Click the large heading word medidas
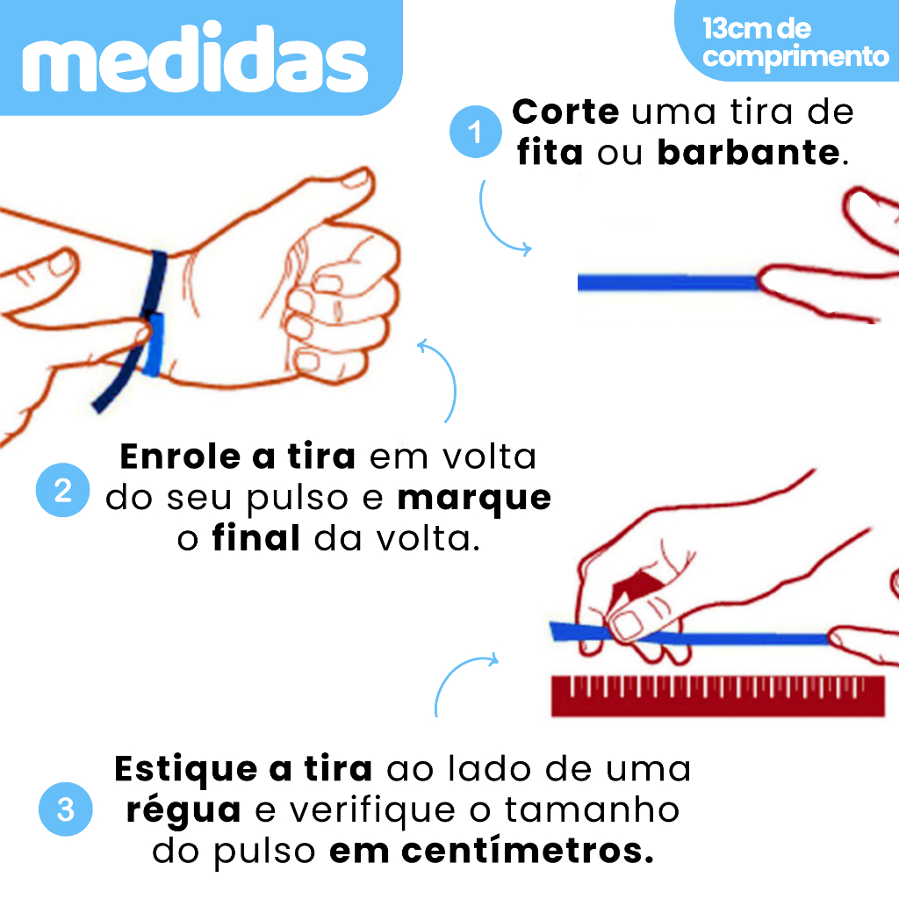[x=195, y=57]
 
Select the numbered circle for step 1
[x=475, y=132]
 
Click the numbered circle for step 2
[x=62, y=490]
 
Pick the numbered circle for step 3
[x=65, y=809]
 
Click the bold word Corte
[x=565, y=111]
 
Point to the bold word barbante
[x=748, y=153]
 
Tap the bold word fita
[x=550, y=153]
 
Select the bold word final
[x=256, y=538]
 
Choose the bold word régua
[x=183, y=810]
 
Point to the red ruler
[x=718, y=696]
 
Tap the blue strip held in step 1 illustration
[x=669, y=283]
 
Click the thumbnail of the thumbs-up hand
[x=356, y=179]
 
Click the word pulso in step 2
[x=298, y=500]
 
